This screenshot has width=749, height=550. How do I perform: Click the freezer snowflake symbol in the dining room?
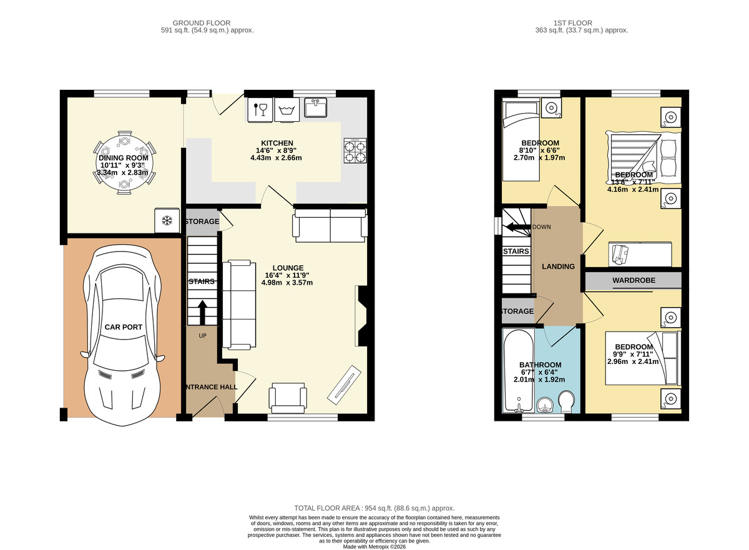[167, 220]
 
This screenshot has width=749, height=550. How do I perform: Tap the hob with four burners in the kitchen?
[355, 151]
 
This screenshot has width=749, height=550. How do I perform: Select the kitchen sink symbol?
[315, 107]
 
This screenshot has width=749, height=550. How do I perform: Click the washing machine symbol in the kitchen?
[287, 110]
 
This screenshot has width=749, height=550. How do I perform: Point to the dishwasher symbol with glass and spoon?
[260, 110]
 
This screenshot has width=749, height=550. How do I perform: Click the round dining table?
[124, 163]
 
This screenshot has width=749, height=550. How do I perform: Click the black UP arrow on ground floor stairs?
[203, 312]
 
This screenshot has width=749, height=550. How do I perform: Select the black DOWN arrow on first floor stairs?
[518, 227]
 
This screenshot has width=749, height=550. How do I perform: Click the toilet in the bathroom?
[566, 401]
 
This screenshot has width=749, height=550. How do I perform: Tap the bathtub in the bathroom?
[519, 370]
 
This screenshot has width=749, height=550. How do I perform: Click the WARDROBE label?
[634, 280]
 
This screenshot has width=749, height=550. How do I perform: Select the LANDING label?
[558, 267]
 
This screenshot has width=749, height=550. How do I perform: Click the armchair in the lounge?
[288, 398]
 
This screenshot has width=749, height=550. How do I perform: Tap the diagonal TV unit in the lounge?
[344, 385]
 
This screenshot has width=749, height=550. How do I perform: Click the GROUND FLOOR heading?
[201, 23]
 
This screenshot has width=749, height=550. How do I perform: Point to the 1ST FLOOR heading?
[573, 23]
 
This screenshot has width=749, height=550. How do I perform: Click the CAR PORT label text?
[124, 327]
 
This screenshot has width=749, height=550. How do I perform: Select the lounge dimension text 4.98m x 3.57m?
[287, 283]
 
